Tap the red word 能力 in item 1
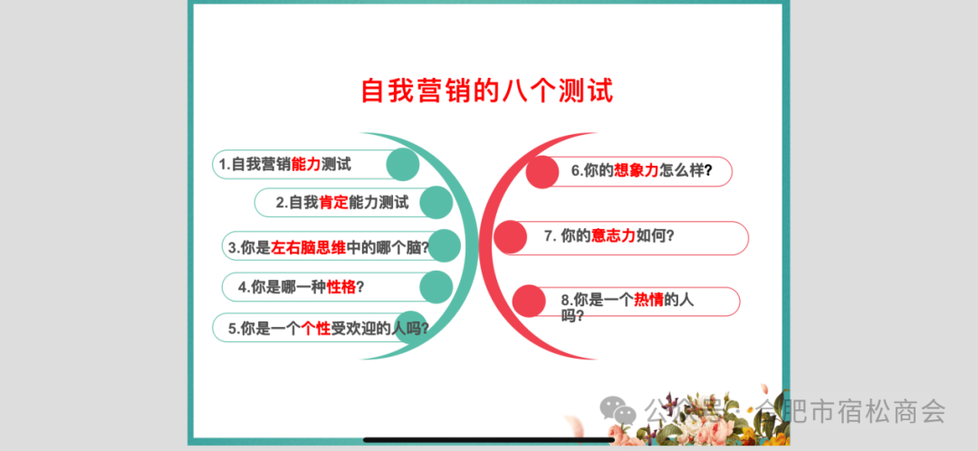tap(306, 164)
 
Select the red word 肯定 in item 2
tap(333, 202)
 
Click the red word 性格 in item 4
tap(341, 287)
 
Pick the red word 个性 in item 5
tap(316, 328)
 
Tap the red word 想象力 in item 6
tap(637, 170)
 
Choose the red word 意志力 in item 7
tap(613, 235)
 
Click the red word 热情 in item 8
tap(648, 300)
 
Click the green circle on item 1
tap(402, 165)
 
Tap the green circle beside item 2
tap(436, 202)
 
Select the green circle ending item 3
tap(444, 245)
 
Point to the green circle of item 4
tap(436, 287)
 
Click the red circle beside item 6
tap(542, 172)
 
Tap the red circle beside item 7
tap(510, 237)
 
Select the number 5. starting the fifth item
tap(234, 329)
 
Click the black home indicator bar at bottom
tap(489, 440)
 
